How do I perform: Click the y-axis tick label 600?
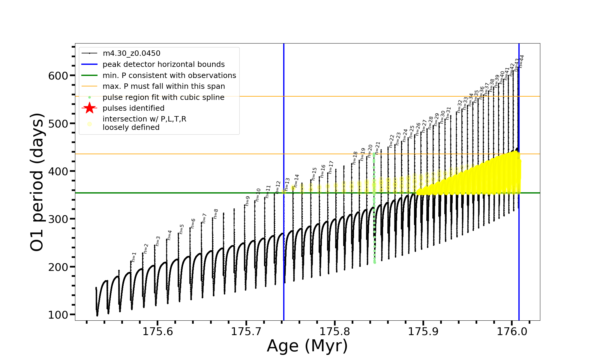click(58, 76)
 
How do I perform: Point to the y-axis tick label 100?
click(58, 315)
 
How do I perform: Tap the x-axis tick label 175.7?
click(246, 331)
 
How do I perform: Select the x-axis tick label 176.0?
click(512, 331)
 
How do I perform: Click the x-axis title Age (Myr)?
click(307, 346)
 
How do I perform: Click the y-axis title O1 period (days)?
click(37, 182)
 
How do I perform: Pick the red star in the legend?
click(89, 108)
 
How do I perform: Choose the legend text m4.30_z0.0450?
click(131, 53)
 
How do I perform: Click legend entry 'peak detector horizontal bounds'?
click(163, 64)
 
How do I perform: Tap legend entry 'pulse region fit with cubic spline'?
click(163, 97)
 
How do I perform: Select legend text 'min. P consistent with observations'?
click(169, 76)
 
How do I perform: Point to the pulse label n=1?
click(134, 257)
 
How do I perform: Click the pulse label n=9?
click(247, 201)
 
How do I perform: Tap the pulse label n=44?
click(521, 61)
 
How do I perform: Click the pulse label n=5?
click(181, 229)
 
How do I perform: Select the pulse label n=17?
click(331, 167)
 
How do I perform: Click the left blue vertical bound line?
click(284, 240)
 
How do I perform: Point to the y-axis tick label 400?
click(58, 171)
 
